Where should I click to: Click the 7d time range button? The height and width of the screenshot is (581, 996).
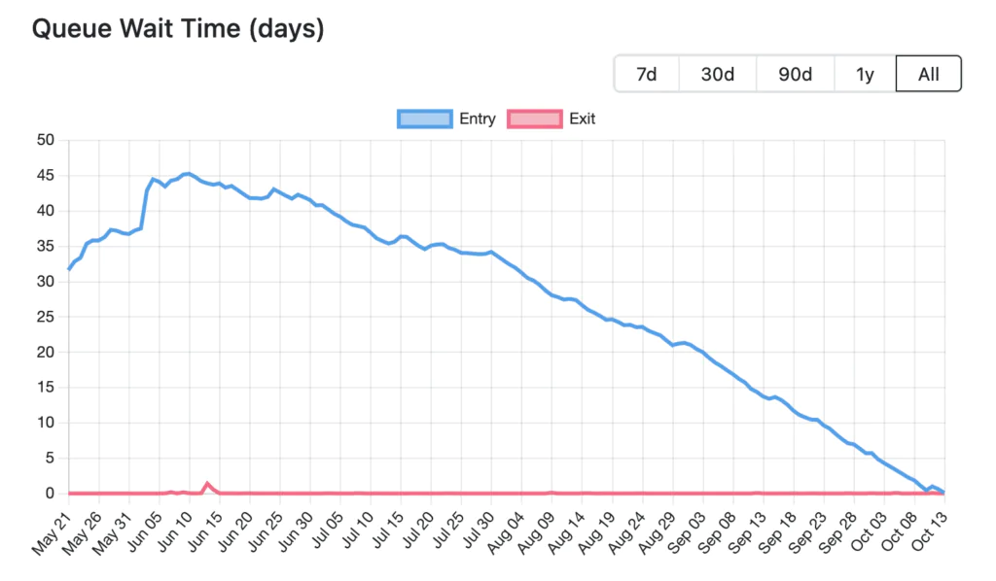(x=646, y=74)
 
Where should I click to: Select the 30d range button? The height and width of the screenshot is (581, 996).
(x=717, y=74)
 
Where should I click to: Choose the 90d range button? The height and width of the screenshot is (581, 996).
(x=795, y=74)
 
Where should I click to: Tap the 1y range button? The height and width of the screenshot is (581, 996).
(x=865, y=74)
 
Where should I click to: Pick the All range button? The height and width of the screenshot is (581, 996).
(x=928, y=74)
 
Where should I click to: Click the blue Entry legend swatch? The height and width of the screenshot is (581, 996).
(x=425, y=119)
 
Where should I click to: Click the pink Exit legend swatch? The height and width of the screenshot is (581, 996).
(x=534, y=119)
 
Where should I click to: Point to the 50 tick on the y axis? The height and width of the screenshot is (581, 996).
(x=45, y=140)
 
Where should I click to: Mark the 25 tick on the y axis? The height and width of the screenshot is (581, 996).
(x=45, y=317)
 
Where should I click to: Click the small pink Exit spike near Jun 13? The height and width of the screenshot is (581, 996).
(x=207, y=483)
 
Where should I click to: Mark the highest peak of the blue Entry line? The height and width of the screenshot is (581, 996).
(x=187, y=174)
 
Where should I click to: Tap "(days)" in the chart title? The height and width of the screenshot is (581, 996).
(x=286, y=29)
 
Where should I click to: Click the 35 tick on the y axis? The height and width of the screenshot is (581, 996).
(x=45, y=246)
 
